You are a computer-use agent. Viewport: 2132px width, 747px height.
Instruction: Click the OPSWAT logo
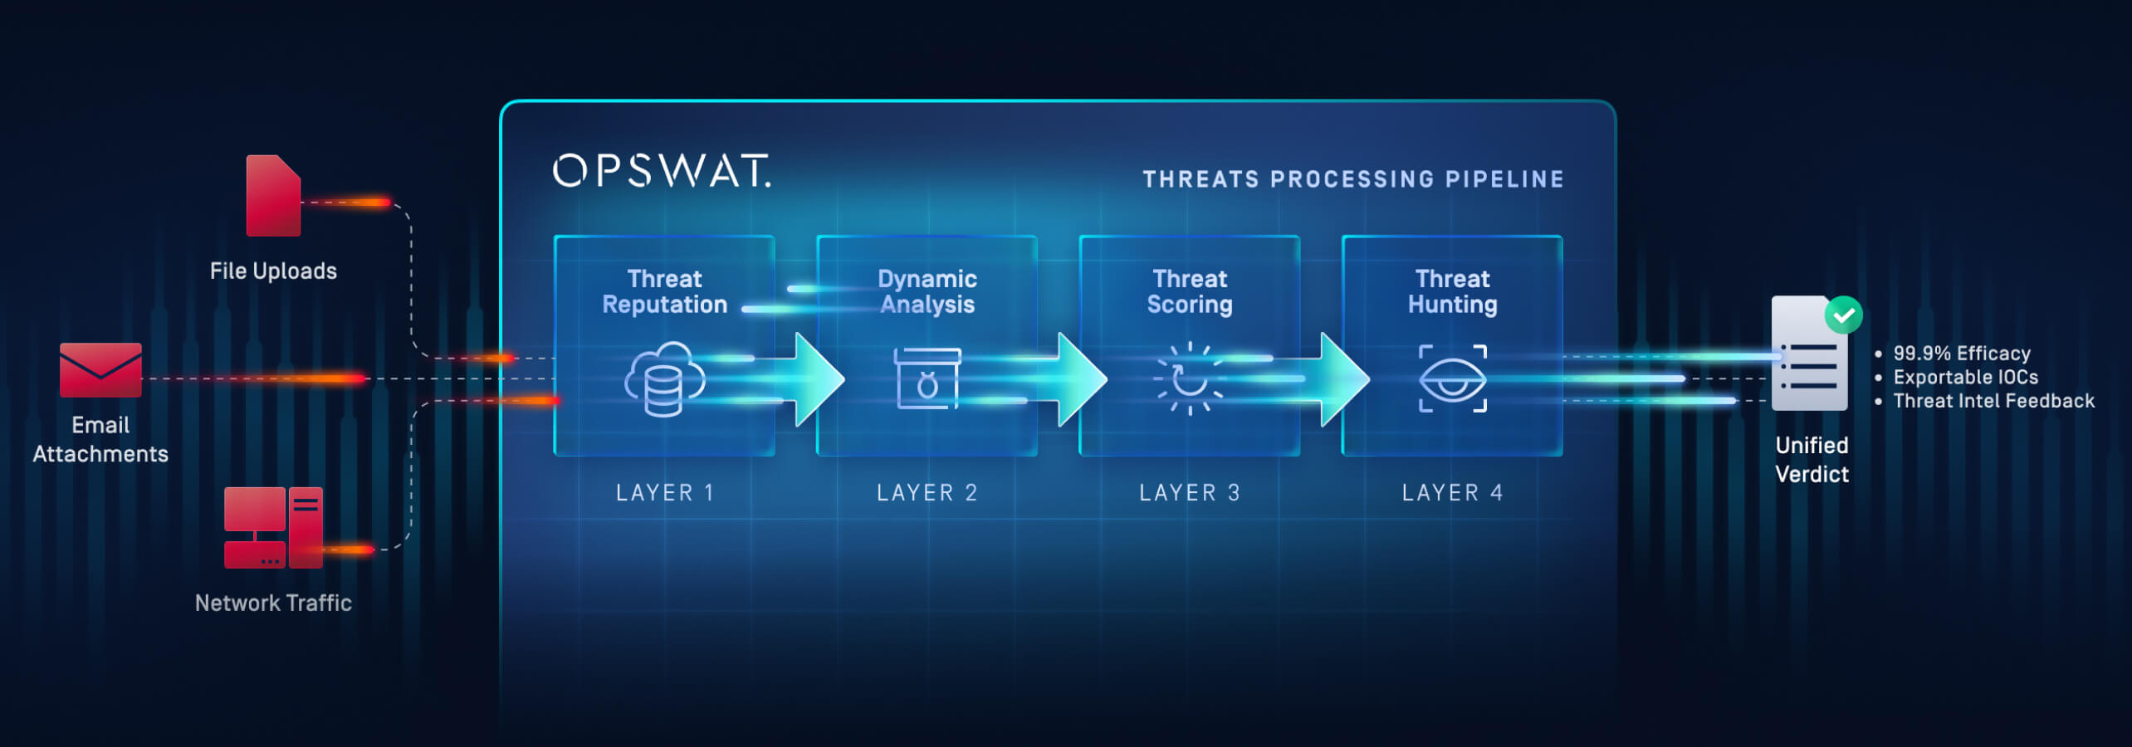click(662, 170)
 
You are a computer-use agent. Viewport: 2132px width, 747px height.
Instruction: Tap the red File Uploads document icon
click(273, 196)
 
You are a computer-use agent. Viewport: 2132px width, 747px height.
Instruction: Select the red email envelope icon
click(100, 370)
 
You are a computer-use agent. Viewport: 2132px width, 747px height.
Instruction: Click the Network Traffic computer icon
click(273, 528)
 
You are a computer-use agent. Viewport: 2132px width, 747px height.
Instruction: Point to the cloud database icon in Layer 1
click(664, 379)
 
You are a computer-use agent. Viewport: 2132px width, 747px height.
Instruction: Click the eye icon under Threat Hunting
click(1452, 379)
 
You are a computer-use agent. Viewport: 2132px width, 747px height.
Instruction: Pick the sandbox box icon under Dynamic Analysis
click(927, 378)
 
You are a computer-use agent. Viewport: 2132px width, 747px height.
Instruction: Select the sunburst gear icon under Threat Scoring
click(1189, 378)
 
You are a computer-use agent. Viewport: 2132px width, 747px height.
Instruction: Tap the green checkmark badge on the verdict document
click(1843, 315)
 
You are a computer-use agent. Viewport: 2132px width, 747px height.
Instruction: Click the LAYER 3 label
click(1189, 493)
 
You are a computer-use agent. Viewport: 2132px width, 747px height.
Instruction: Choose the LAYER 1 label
click(664, 493)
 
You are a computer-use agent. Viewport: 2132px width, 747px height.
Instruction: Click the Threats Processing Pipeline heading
click(1353, 179)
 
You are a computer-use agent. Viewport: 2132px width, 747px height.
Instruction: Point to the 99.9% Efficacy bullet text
click(1961, 354)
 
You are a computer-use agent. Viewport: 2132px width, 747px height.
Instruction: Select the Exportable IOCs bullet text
click(1965, 378)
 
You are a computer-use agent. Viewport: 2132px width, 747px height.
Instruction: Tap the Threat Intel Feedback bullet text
click(1993, 402)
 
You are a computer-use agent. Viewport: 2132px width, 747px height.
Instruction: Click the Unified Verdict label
click(1812, 460)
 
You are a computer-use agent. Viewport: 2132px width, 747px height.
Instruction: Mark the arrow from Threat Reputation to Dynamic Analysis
click(818, 379)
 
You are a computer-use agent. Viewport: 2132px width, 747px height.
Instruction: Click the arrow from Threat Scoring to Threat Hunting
click(1343, 379)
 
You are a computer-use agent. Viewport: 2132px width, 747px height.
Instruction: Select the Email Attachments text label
click(100, 440)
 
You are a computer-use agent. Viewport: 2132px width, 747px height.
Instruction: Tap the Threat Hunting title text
click(1452, 291)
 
